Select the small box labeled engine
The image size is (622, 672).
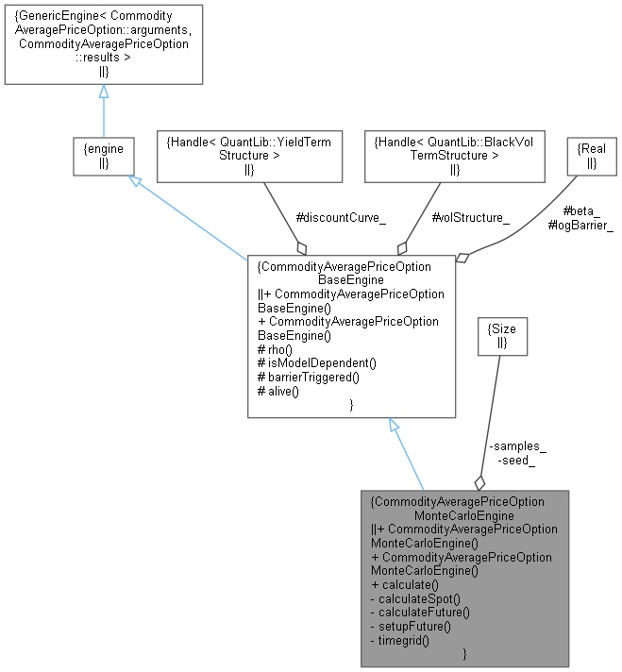(103, 156)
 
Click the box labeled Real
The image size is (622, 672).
(590, 156)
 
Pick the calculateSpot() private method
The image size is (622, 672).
(415, 598)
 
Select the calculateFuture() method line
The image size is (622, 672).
(421, 612)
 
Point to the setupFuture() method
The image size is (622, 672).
(412, 626)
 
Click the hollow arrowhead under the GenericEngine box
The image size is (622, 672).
(103, 92)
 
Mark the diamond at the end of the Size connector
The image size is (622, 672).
(479, 481)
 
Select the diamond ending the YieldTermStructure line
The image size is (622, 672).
(302, 247)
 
